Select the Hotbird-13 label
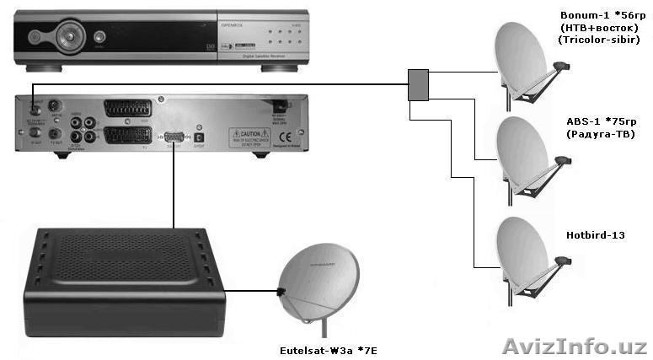point(596,234)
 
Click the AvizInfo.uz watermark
point(574,346)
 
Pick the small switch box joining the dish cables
point(418,85)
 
